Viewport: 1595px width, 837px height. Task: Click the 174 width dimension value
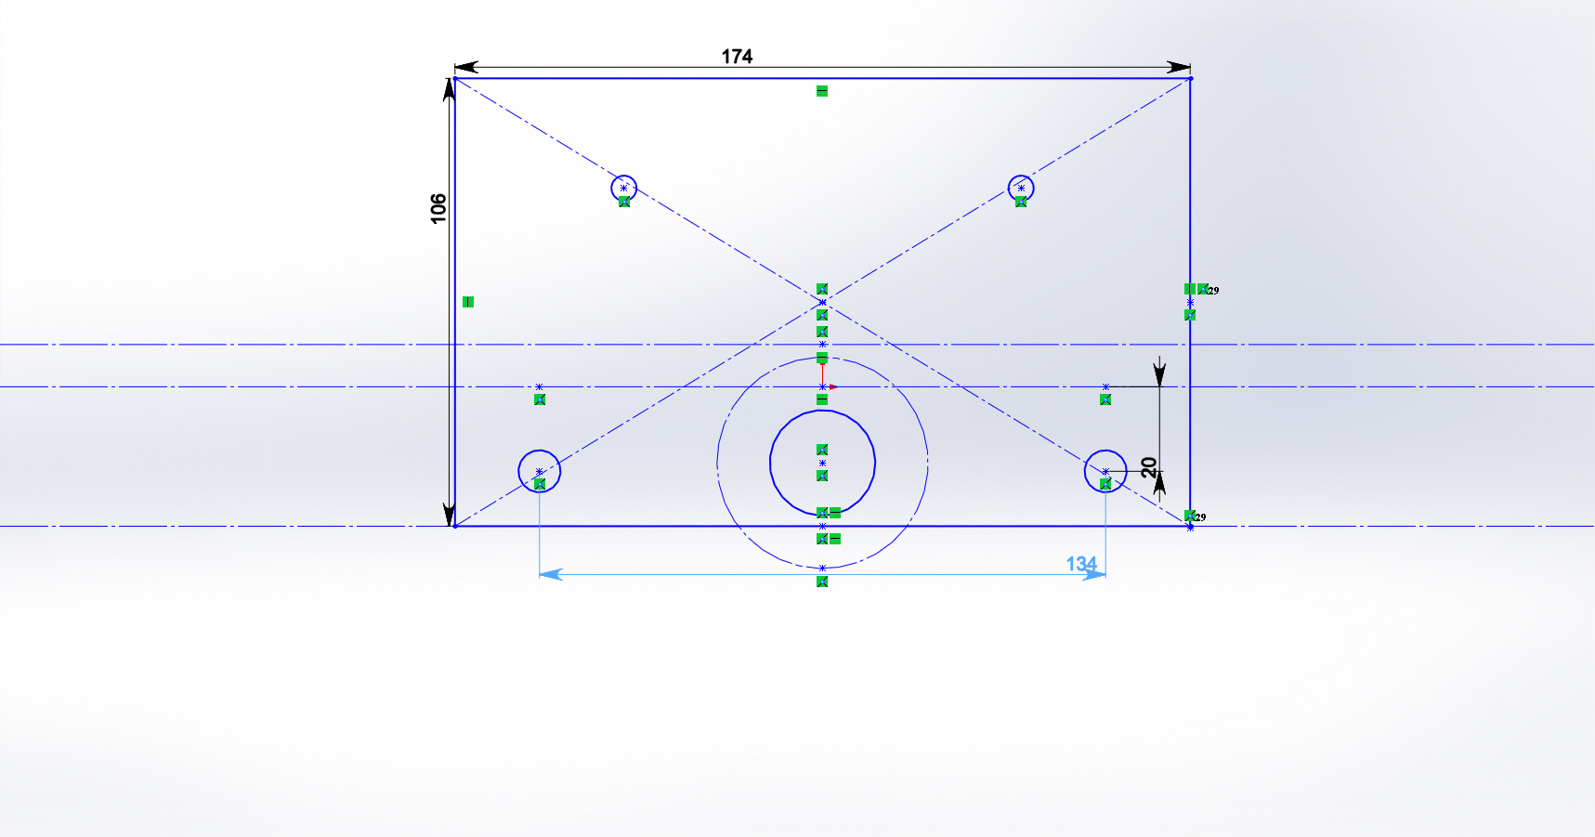(737, 57)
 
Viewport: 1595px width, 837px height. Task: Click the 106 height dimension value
(438, 208)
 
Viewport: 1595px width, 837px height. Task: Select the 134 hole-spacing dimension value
(1081, 564)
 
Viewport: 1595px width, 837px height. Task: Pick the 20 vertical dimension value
(1149, 467)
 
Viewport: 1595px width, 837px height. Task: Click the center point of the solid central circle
(822, 463)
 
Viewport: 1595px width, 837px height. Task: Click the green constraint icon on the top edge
(822, 91)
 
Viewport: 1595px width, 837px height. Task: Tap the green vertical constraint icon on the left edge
(468, 302)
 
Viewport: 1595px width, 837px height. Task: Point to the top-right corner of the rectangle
(1190, 78)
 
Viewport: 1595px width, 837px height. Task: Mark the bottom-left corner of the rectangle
(454, 526)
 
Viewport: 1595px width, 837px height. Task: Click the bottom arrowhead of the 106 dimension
(450, 515)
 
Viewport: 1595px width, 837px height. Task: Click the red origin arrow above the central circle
(833, 386)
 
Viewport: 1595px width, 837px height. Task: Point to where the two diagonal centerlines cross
(822, 302)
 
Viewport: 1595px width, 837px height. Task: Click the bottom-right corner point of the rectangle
(1190, 526)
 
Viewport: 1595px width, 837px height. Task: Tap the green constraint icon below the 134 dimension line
(822, 582)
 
